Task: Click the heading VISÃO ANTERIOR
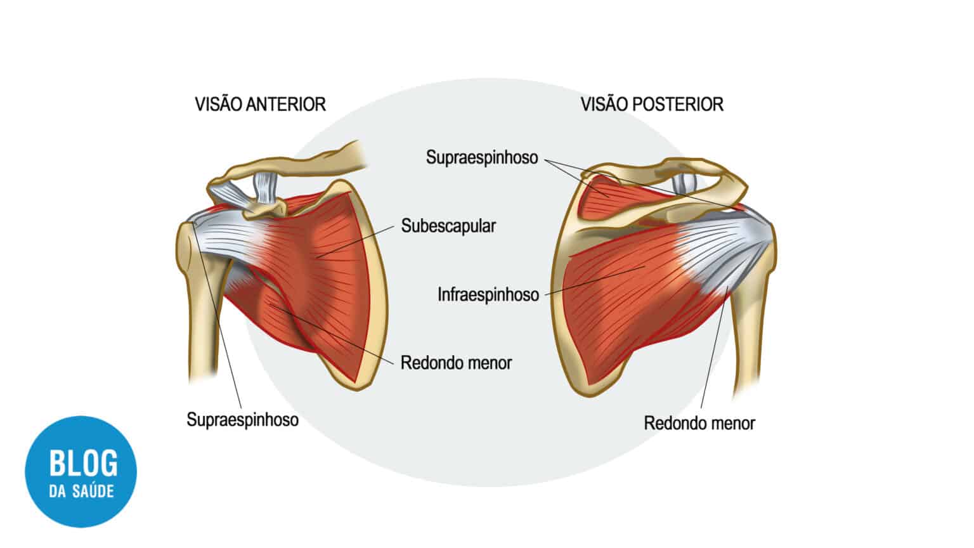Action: pos(260,105)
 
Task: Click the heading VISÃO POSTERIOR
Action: pos(652,105)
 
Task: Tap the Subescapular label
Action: pos(448,226)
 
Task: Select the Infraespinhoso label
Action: pos(488,294)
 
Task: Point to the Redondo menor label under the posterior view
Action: pos(699,423)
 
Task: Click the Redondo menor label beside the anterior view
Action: pos(456,363)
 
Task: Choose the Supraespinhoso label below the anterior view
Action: pos(243,420)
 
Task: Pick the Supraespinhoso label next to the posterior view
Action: pos(482,157)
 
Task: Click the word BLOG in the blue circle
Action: pos(83,463)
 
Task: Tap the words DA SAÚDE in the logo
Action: pos(81,492)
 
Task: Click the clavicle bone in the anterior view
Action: pos(295,163)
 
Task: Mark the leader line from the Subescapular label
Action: pos(355,242)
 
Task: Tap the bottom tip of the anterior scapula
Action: pos(356,388)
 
